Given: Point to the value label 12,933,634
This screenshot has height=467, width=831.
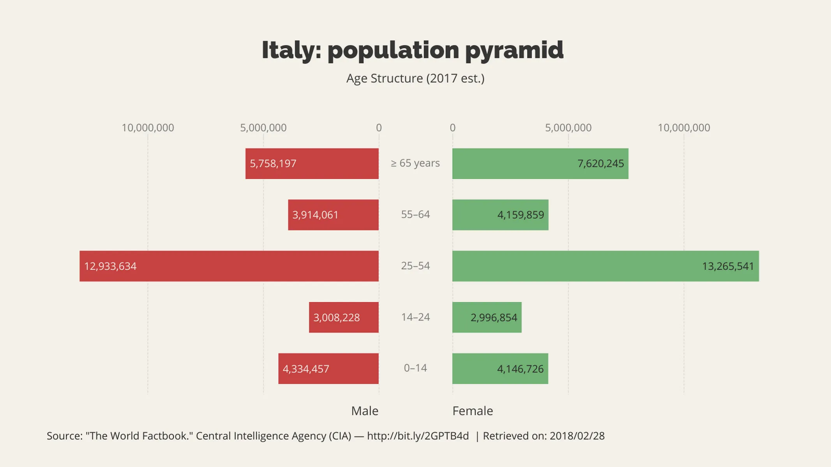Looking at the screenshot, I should point(110,266).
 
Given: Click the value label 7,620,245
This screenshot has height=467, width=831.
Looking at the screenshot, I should point(600,163).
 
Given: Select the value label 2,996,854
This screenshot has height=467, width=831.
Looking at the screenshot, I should point(494,318).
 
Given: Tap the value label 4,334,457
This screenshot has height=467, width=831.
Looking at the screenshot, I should point(306,369).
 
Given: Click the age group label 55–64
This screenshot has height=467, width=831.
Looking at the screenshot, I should point(415,214).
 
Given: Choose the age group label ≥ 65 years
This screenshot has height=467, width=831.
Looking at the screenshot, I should point(415,163).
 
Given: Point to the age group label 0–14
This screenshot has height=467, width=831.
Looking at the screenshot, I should point(415,368).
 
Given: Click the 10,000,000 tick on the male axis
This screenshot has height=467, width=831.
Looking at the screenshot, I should point(148,128).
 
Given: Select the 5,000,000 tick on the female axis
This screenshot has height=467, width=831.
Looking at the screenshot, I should point(568,128).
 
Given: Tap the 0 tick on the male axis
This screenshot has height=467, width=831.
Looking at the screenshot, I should point(379,128).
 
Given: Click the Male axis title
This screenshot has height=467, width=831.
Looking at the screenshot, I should point(365,411).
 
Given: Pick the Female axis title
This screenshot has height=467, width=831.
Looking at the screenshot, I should point(473,411).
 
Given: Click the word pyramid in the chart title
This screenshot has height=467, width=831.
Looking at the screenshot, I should point(514,50).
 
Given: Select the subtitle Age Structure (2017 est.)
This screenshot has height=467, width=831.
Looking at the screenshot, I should point(415,78).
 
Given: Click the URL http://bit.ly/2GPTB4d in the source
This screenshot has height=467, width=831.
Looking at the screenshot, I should point(418,436).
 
